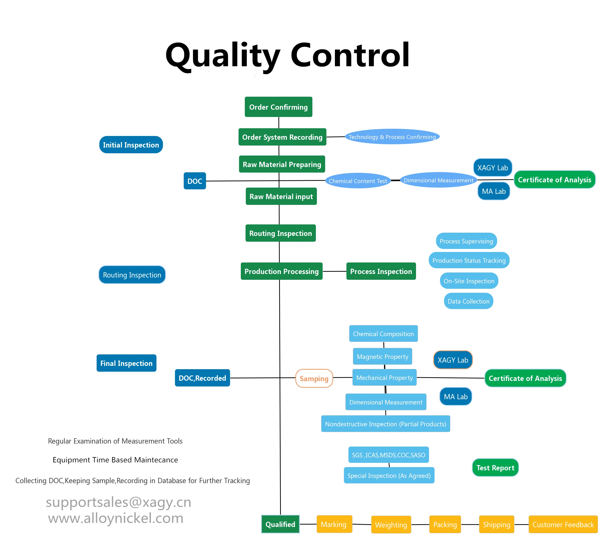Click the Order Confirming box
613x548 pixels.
point(278,107)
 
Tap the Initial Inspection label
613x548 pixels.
point(131,145)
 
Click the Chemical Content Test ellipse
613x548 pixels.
point(357,181)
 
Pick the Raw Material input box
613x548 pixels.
point(281,196)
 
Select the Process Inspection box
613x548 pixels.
point(381,271)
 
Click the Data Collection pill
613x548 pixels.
point(468,301)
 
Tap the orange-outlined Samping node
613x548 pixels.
point(314,378)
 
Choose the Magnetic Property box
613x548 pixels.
point(382,356)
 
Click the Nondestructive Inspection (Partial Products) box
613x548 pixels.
point(385,424)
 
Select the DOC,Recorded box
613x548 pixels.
point(202,378)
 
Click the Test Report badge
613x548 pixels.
point(495,468)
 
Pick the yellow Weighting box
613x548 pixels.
point(391,525)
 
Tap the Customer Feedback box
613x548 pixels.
point(563,524)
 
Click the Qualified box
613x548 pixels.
point(280,524)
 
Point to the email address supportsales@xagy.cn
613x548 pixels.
point(118,502)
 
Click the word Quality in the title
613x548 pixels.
point(223,56)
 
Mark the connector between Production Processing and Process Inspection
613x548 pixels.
point(334,271)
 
